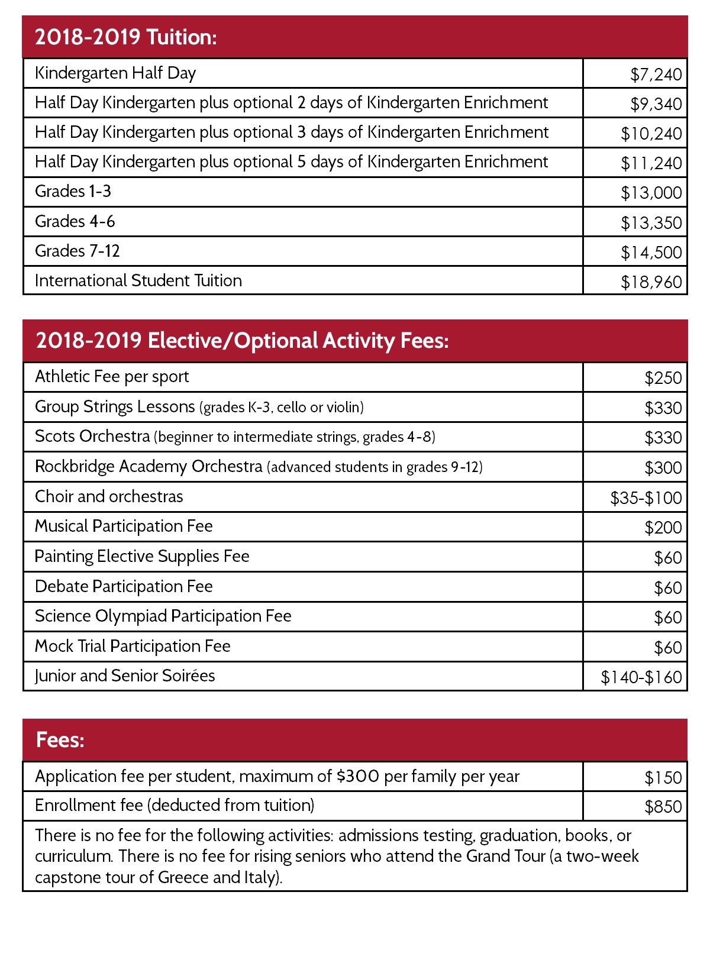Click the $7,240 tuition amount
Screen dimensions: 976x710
point(656,75)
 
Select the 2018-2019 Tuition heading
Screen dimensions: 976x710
point(126,37)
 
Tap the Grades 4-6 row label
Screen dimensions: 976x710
point(75,221)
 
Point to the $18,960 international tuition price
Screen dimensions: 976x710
point(651,282)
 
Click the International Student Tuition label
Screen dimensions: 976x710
point(138,280)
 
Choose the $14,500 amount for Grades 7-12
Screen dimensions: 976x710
point(651,253)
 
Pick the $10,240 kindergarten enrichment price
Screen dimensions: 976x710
point(651,134)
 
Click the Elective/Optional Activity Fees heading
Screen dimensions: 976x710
point(242,341)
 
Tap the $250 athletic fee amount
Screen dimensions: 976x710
point(663,378)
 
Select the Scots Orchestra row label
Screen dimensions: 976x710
point(93,437)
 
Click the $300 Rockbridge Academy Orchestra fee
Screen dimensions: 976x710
point(663,468)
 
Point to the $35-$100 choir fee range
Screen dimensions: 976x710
point(646,498)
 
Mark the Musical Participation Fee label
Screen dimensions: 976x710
point(124,526)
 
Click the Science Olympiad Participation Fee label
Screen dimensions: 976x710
point(163,616)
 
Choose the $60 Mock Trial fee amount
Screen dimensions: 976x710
point(667,648)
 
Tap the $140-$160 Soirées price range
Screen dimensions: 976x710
point(641,677)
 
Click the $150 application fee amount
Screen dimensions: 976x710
point(663,778)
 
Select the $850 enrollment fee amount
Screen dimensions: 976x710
point(663,807)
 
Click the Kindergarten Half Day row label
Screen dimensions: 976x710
point(115,73)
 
